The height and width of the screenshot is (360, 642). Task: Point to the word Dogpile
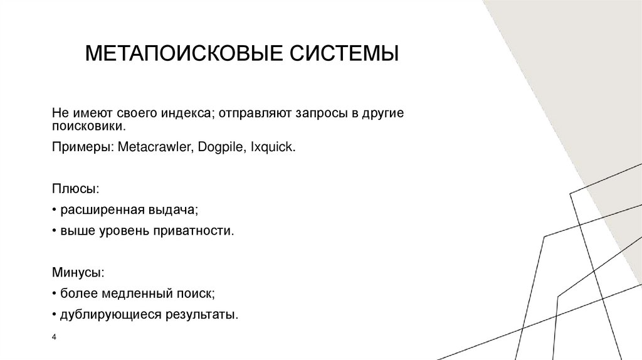click(x=221, y=147)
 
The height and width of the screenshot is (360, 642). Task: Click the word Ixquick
click(x=272, y=147)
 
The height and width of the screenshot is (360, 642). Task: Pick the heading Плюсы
click(x=75, y=188)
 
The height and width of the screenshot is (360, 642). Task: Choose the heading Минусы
click(x=78, y=273)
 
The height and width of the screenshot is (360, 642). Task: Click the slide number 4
click(x=55, y=338)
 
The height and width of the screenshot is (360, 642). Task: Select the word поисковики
click(x=90, y=126)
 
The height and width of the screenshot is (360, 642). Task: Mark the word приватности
click(x=197, y=231)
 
